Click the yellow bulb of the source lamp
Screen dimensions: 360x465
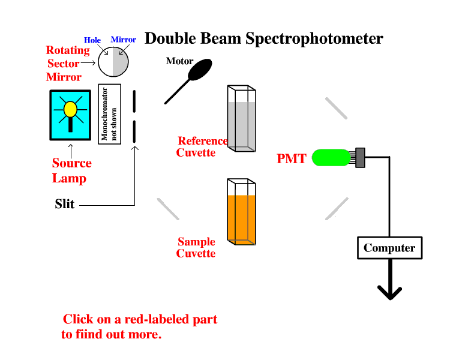70,109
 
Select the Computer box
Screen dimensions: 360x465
389,248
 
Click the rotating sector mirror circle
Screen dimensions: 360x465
113,61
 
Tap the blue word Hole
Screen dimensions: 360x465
92,40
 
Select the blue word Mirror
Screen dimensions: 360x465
124,40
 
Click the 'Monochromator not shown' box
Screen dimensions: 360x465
110,114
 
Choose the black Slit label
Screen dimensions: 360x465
65,204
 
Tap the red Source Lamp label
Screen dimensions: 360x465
71,170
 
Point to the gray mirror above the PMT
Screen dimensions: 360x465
336,108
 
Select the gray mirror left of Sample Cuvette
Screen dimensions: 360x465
168,209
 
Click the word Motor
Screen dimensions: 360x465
179,61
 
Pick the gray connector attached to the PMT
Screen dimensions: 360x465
360,157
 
